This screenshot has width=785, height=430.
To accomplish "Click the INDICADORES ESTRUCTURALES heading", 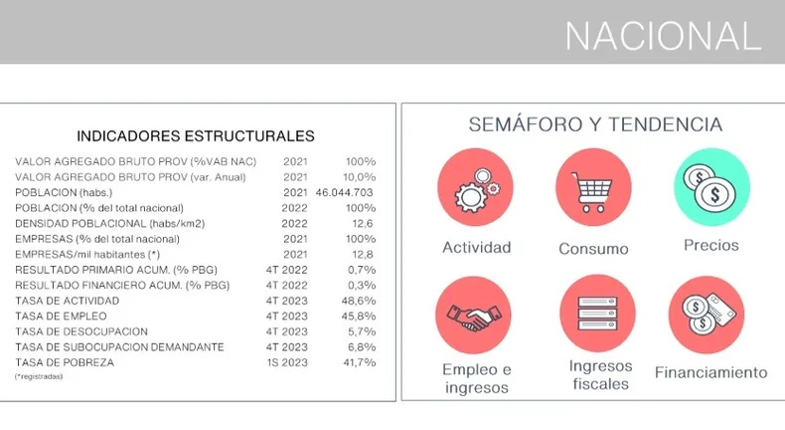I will (196, 136).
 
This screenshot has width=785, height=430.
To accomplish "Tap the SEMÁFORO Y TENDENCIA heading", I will (594, 124).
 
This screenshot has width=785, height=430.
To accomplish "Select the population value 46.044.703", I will (344, 192).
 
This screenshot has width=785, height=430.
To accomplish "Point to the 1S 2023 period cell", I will (287, 362).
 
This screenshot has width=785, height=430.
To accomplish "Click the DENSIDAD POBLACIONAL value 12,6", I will (363, 223).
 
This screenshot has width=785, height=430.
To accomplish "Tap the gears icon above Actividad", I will (476, 189).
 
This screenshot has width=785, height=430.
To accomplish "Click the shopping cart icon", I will (593, 189).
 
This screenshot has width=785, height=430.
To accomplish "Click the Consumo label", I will (593, 248).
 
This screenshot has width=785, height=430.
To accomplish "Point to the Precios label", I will (711, 245).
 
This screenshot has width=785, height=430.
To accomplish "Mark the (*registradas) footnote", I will (39, 376).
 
